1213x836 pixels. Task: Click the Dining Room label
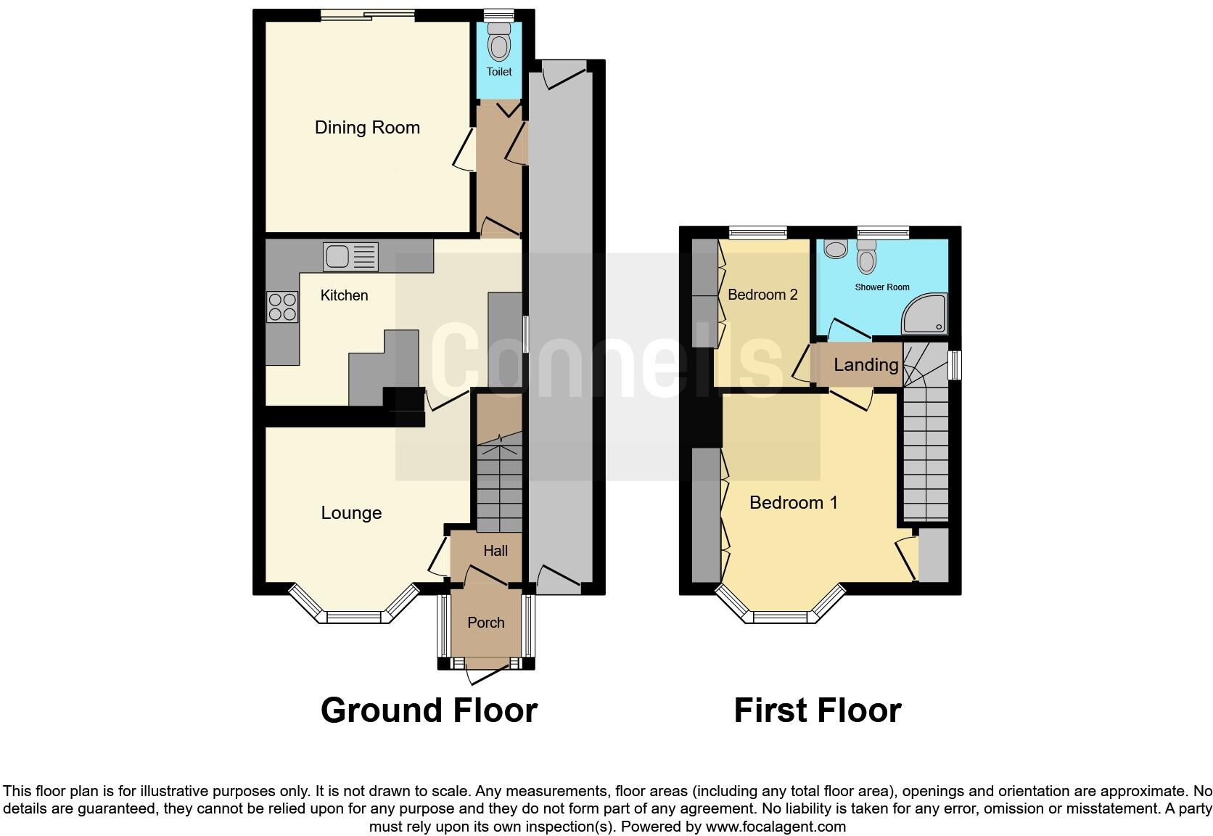pos(367,128)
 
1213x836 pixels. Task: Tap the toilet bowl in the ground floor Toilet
pos(499,45)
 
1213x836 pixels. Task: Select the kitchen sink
pos(352,257)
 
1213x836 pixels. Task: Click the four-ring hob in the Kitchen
pos(281,306)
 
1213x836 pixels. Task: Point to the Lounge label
pos(351,513)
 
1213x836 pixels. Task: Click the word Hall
pos(496,551)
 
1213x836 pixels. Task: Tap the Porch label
pos(485,623)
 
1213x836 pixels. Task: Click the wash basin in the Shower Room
pos(836,249)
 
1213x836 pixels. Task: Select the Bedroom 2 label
pos(762,295)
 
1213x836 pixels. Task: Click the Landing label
pos(865,365)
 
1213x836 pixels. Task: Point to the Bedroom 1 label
pos(793,502)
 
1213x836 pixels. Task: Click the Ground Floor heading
pos(429,710)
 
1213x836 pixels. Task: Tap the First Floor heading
pos(817,710)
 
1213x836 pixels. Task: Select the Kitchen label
pos(344,295)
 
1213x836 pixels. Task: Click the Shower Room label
pos(881,287)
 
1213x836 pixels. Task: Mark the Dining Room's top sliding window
pos(368,15)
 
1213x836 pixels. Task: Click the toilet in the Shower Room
pos(867,257)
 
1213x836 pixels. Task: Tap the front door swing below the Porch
pos(485,674)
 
